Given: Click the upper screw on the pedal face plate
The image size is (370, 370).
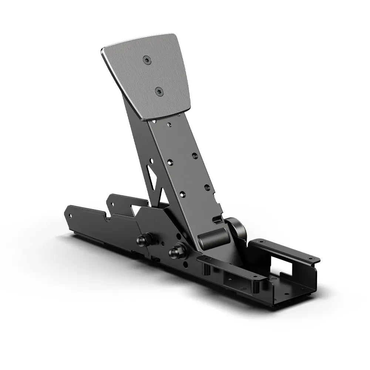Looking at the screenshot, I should click(147, 60).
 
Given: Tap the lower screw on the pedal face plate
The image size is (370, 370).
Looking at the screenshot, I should click(159, 91).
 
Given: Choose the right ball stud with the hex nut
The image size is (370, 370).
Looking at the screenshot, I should click(176, 252).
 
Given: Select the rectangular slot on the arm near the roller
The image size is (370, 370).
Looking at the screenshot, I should click(218, 221).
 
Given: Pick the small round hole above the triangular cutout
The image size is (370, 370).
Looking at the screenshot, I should click(151, 161).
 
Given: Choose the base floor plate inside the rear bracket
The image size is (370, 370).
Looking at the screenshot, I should click(292, 287).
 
